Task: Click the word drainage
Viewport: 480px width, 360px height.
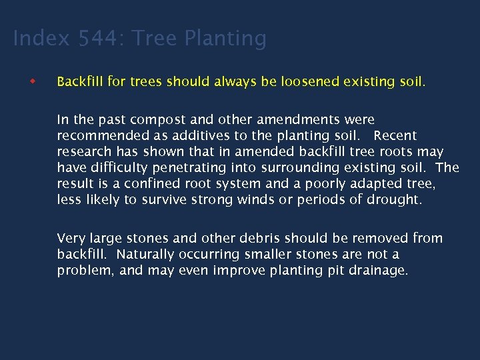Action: [x=377, y=270]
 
